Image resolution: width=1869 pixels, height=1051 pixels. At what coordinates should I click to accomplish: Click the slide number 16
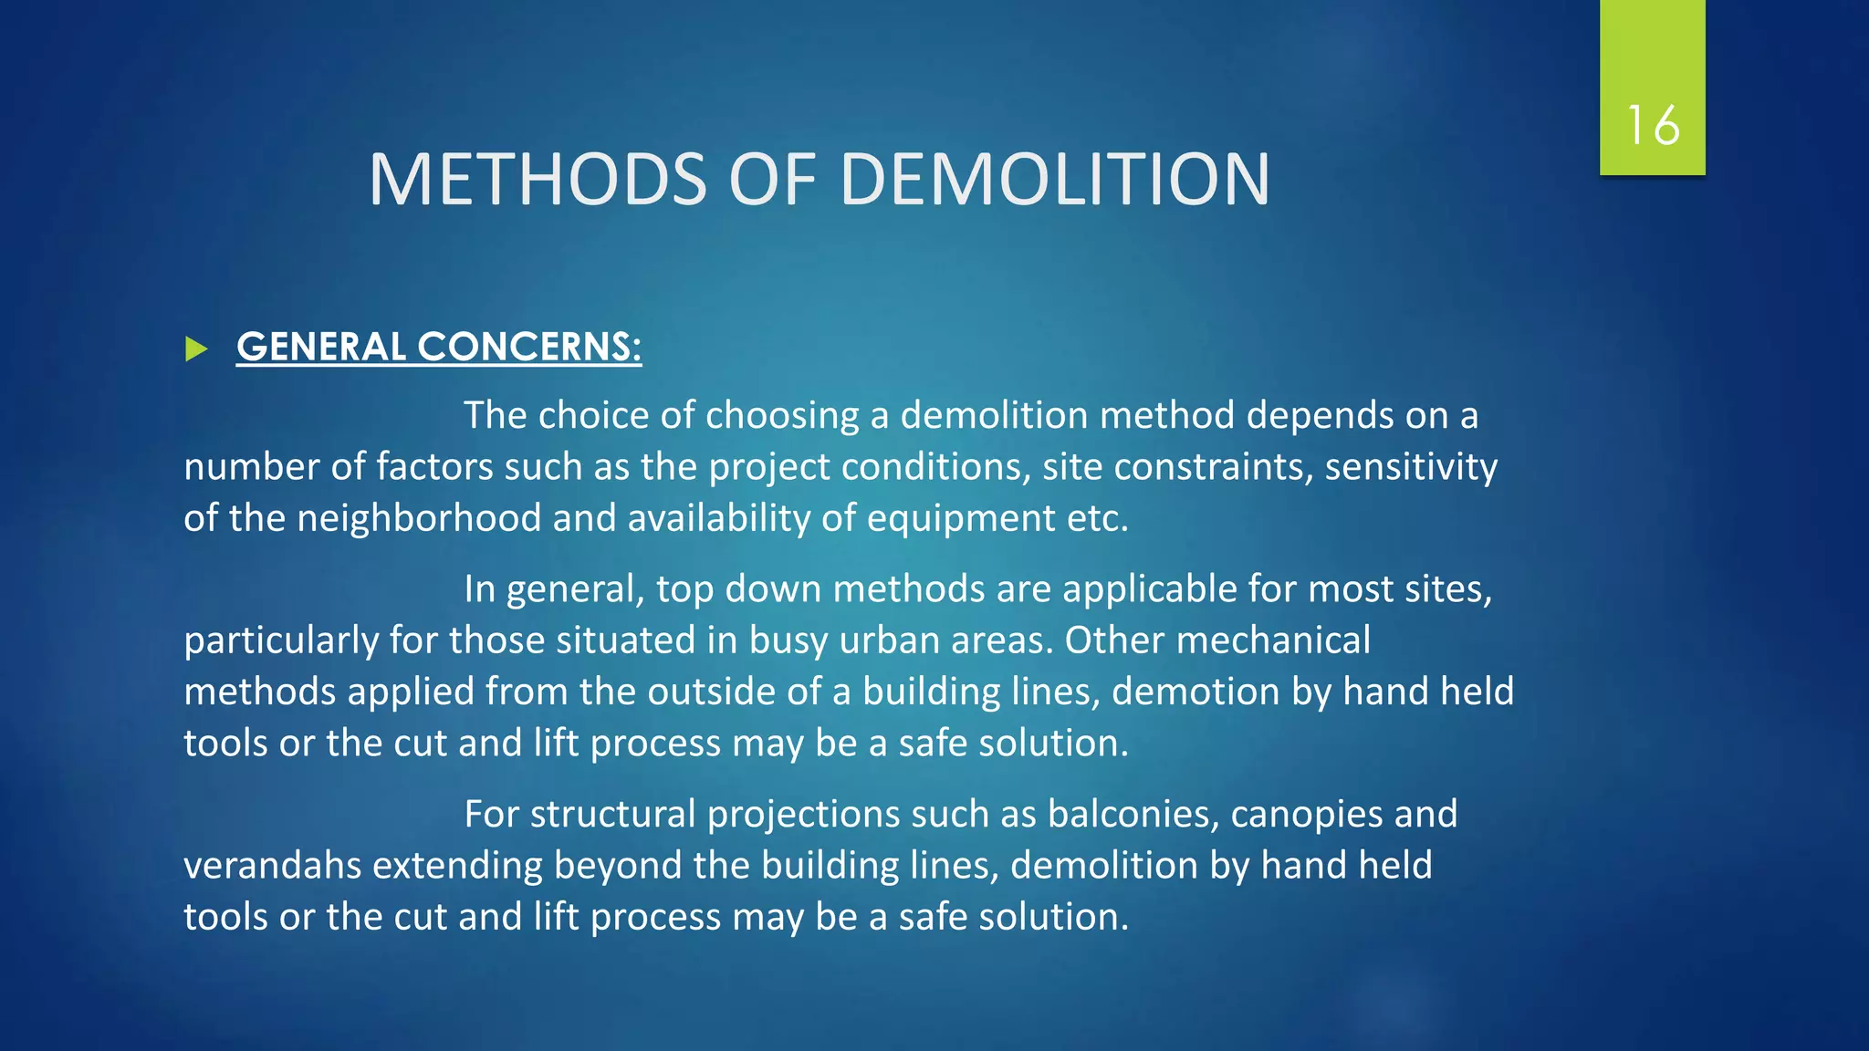(x=1653, y=125)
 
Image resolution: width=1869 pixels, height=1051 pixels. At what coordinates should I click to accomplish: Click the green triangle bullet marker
(x=196, y=349)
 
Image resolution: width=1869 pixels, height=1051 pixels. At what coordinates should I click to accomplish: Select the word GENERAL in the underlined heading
(x=321, y=347)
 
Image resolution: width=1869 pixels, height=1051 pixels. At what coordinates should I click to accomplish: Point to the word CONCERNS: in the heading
(x=529, y=347)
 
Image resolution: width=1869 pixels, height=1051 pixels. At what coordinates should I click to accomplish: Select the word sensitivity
(x=1411, y=467)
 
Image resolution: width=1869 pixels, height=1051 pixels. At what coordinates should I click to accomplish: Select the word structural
(x=612, y=814)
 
